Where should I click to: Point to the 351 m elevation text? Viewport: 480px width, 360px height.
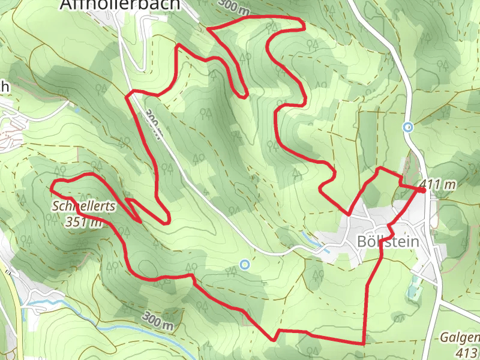point(83,223)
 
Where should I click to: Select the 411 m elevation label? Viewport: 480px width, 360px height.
point(438,185)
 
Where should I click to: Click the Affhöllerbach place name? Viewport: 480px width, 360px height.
point(120,5)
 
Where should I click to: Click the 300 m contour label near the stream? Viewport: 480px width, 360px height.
point(158,322)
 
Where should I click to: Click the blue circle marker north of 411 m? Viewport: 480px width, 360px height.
point(409,127)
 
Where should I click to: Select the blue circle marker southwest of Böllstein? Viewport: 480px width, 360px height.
point(244,264)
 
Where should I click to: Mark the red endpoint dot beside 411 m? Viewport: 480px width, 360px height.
point(422,190)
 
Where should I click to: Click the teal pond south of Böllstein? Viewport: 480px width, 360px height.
point(412,293)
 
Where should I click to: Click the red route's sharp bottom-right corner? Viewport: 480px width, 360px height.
point(364,343)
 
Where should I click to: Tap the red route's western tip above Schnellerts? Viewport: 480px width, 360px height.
point(53,182)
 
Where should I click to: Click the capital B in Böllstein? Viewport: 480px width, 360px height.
point(361,241)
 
